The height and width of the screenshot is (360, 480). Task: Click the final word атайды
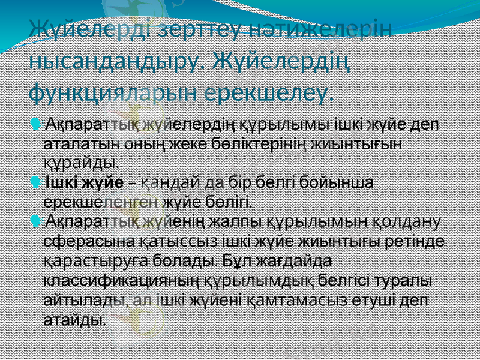pyautogui.click(x=76, y=319)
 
